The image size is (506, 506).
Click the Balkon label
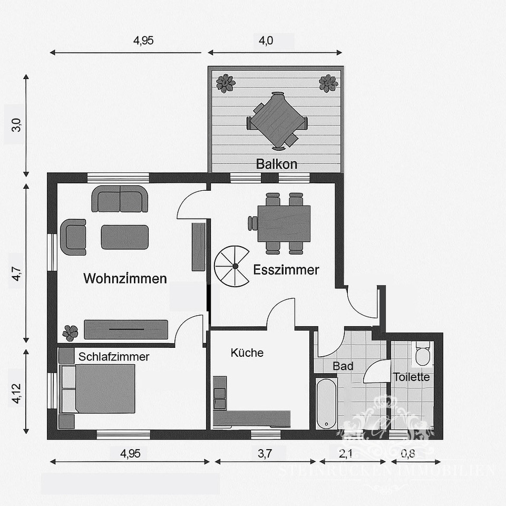[x=276, y=164]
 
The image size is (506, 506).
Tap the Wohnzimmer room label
[x=125, y=279]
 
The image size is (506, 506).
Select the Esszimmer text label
[x=286, y=270]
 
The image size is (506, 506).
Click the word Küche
[x=247, y=353]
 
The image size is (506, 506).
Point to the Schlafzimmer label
[x=114, y=357]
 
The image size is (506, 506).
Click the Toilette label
[x=411, y=377]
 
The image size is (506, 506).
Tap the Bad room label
[x=343, y=366]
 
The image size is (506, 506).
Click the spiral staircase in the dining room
[x=232, y=266]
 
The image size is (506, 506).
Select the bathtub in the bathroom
[x=326, y=403]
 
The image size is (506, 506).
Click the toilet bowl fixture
[x=423, y=354]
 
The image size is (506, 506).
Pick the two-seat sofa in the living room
[x=120, y=199]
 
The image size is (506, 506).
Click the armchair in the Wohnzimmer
[x=73, y=237]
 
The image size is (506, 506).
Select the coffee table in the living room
[x=125, y=237]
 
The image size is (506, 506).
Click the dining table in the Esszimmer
[x=284, y=223]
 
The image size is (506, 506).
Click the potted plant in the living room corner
[x=70, y=333]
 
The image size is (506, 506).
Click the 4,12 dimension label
[x=16, y=392]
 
